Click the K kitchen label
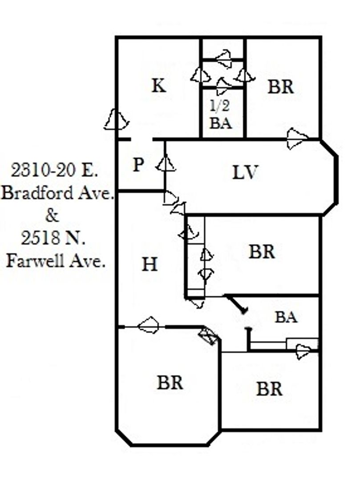pos(159,85)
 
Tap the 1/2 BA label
pos(221,114)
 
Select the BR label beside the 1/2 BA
pos(281,87)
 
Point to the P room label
pos(138,165)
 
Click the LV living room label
pos(246,172)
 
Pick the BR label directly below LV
pos(262,252)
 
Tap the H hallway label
pos(150,265)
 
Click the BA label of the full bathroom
pos(286,317)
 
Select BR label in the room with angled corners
pos(170,382)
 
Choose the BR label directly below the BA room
pos(269,389)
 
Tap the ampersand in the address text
pos(52,216)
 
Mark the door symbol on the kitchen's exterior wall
pos(116,120)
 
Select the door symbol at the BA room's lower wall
pos(303,351)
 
